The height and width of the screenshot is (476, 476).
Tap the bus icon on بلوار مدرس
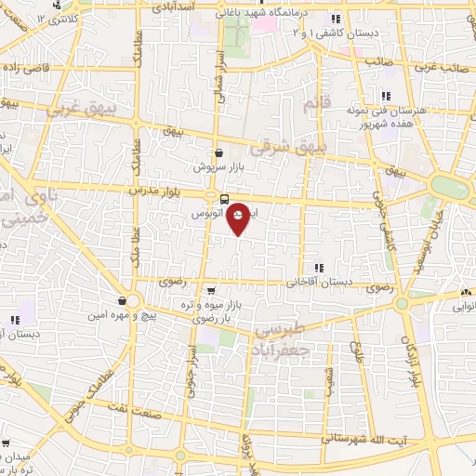pyautogui.click(x=225, y=199)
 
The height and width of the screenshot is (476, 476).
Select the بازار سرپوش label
pyautogui.click(x=218, y=168)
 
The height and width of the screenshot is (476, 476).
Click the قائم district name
pyautogui.click(x=317, y=105)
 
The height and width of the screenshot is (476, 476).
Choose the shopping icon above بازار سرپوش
pyautogui.click(x=218, y=154)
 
